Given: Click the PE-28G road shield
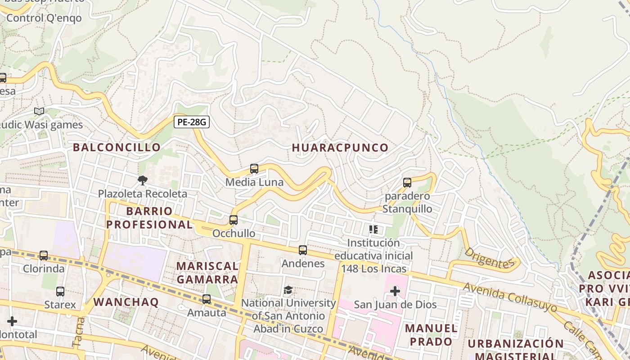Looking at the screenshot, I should [192, 121].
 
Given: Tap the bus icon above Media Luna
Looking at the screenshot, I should [254, 169].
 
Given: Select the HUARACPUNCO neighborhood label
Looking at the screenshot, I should [340, 148].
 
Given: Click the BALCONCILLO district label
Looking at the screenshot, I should [117, 147].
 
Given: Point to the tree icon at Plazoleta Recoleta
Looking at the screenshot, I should [142, 180].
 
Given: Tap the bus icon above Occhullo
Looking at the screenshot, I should [233, 220].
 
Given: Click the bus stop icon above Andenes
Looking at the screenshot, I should [303, 250].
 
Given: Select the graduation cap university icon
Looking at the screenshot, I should [288, 290].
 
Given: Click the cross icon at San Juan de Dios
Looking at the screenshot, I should [395, 291].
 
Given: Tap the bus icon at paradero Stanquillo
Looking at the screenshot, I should [407, 183].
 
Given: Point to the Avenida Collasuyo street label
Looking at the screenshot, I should [509, 297].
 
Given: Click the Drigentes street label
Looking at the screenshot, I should [489, 258].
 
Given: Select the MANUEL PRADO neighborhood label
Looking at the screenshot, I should [431, 335].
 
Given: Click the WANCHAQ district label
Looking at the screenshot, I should [126, 302].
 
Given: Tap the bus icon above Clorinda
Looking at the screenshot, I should [44, 256].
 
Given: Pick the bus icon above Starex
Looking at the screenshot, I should [60, 291].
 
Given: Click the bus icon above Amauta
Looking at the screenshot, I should [207, 299].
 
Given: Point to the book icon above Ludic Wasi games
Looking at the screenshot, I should [39, 111].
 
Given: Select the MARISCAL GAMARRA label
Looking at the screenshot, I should [207, 273].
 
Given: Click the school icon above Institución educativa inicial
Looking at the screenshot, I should [373, 229].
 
